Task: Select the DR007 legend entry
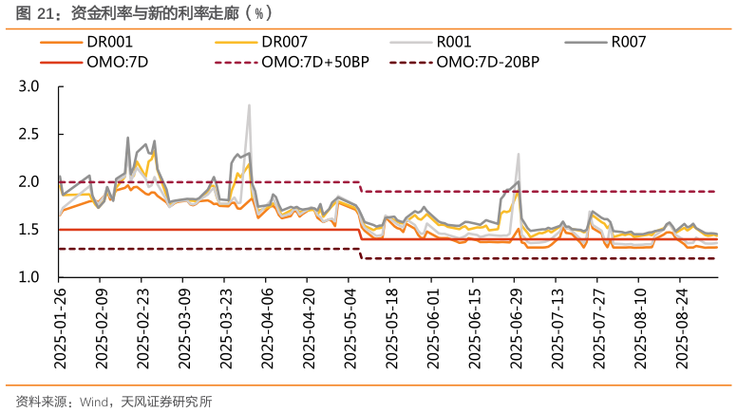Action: (285, 43)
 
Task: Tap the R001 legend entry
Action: (457, 43)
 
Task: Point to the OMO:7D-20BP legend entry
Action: (488, 62)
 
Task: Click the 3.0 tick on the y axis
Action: (28, 86)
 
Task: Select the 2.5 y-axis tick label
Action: (28, 134)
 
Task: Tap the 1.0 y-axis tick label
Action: (28, 277)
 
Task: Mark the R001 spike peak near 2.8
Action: (249, 105)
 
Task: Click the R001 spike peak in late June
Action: (519, 154)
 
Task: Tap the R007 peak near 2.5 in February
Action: (128, 138)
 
